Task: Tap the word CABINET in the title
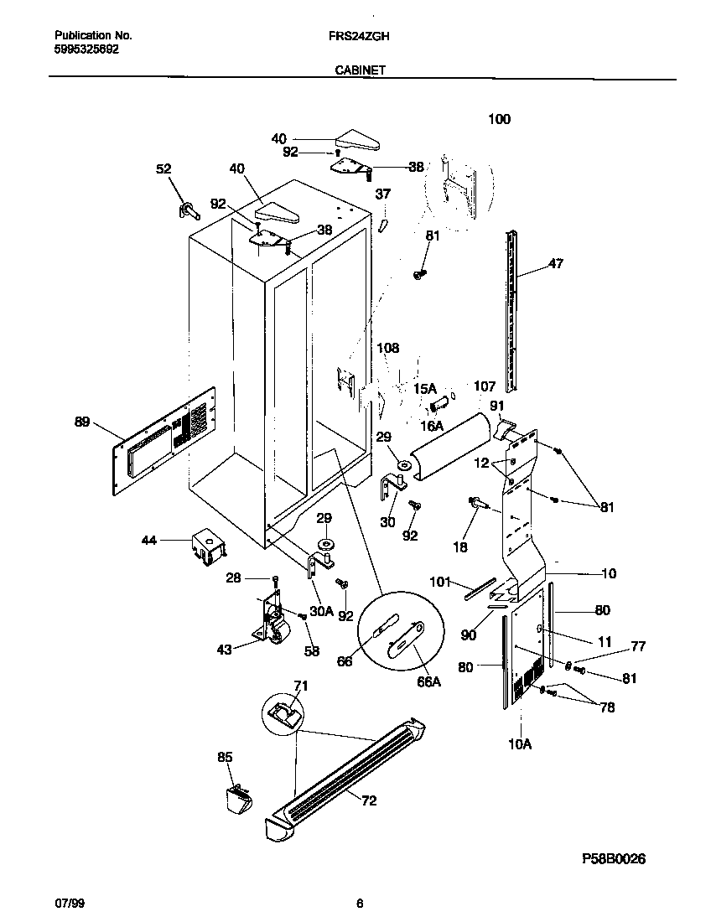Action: point(360,71)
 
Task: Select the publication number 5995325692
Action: point(86,49)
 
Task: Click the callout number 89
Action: point(81,422)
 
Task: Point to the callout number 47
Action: point(555,264)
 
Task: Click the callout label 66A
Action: point(428,682)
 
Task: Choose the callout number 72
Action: point(369,801)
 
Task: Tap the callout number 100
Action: point(499,119)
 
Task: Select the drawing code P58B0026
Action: point(614,859)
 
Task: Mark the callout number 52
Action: point(163,169)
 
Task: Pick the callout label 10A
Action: point(520,743)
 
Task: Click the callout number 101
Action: point(441,581)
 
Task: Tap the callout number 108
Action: point(387,348)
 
